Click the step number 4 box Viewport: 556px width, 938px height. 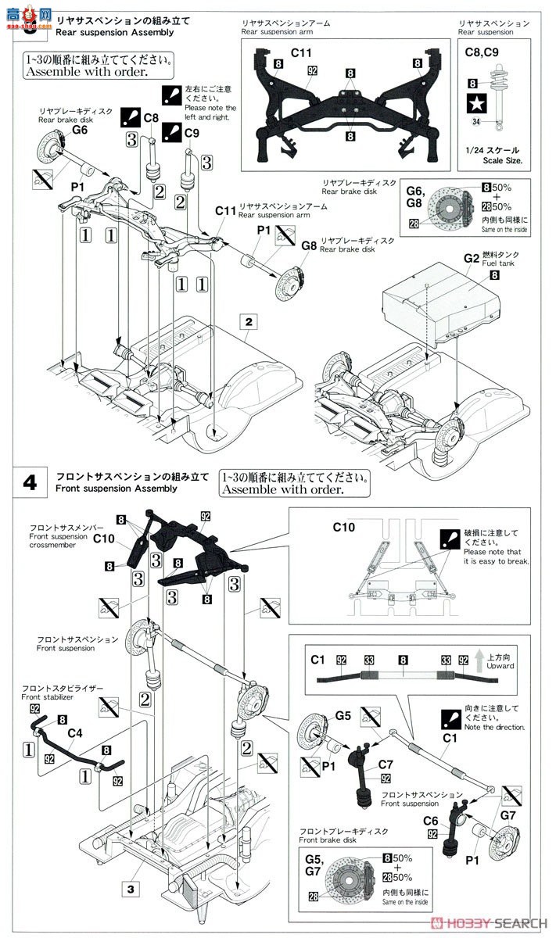[30, 482]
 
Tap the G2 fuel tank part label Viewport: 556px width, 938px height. [471, 257]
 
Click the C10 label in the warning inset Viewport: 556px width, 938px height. [344, 528]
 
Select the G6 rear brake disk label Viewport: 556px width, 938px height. [80, 131]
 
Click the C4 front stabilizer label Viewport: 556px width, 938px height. [75, 732]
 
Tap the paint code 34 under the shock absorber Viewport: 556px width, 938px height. [475, 121]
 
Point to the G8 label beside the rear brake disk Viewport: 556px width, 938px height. [309, 245]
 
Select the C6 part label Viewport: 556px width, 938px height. [430, 821]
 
